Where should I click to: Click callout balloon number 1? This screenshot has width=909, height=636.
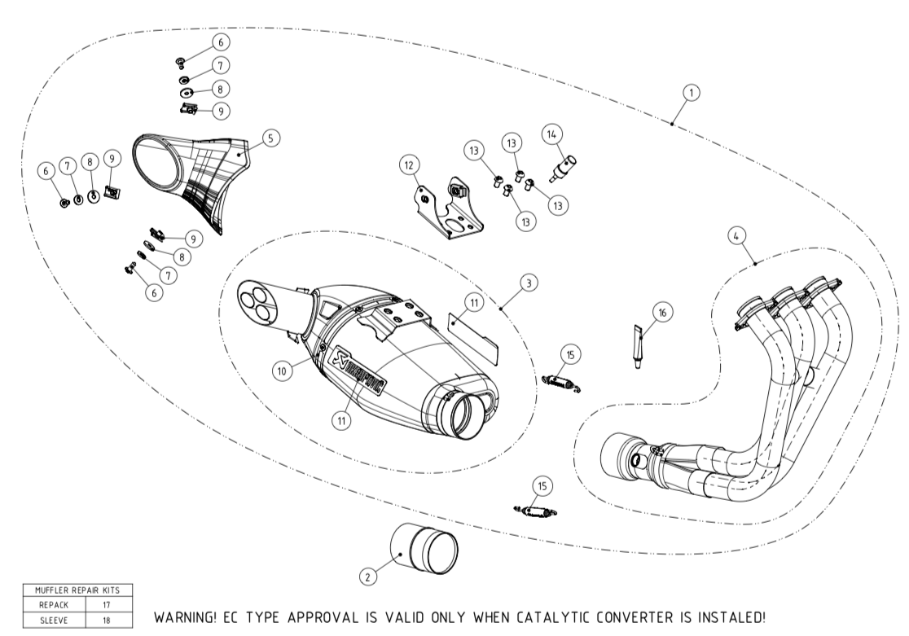point(690,93)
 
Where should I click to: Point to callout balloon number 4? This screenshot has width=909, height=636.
point(736,235)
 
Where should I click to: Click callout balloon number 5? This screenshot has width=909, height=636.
point(270,138)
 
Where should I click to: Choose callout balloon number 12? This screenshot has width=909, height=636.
point(410,165)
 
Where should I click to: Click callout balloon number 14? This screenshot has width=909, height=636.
point(552,134)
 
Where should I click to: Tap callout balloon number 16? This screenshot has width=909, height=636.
point(662,312)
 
